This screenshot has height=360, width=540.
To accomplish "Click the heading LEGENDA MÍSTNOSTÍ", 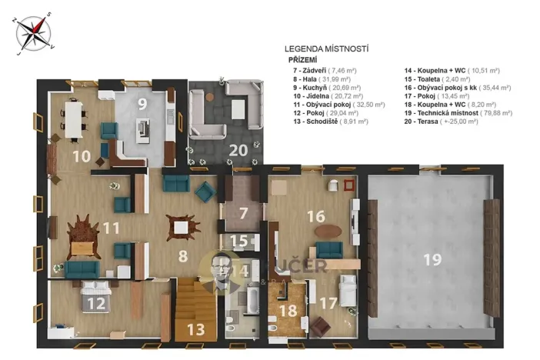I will (326, 48).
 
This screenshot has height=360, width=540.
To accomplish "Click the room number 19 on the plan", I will (432, 260).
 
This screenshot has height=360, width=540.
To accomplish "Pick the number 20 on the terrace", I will (238, 150).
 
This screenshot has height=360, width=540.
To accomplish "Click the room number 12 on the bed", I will (96, 302).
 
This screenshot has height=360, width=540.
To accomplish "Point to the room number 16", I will (315, 216).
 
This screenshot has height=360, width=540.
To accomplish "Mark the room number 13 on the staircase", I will (195, 330).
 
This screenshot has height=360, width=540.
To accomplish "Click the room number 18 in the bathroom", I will (288, 311).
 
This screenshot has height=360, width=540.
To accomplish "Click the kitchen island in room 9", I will (143, 130).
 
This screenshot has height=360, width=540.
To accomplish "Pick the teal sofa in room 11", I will (82, 268).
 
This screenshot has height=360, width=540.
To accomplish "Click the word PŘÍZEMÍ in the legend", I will (303, 59).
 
